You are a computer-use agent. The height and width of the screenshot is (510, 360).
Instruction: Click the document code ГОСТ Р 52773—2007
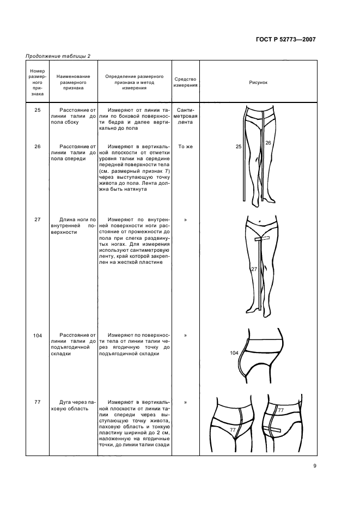coord(286,39)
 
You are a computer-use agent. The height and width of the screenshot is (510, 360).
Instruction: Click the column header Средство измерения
coord(185,82)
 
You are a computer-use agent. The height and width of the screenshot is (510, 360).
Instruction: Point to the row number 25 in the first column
coord(38,110)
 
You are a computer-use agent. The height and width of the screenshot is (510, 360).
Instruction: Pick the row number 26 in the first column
coord(38,147)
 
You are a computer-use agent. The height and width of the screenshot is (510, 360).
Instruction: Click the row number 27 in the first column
coord(38,220)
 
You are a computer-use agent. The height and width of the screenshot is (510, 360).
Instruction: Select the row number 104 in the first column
coord(38,336)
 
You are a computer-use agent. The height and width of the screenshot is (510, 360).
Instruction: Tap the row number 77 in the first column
coord(38,402)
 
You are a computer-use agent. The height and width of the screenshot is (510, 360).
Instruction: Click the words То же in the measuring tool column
coord(185,147)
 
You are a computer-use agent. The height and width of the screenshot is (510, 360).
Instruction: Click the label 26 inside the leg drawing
coord(268,143)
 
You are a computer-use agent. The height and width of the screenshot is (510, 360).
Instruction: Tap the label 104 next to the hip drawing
coord(234,353)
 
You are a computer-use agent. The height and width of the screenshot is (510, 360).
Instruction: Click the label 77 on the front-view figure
coord(233,430)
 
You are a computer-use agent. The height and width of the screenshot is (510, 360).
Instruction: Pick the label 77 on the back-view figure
coord(281,410)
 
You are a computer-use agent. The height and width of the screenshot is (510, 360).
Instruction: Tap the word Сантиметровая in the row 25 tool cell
coord(185,116)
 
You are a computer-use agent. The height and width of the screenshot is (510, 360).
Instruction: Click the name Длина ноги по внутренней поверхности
coord(73,226)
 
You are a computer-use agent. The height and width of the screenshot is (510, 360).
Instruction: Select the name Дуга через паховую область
coord(73,405)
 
